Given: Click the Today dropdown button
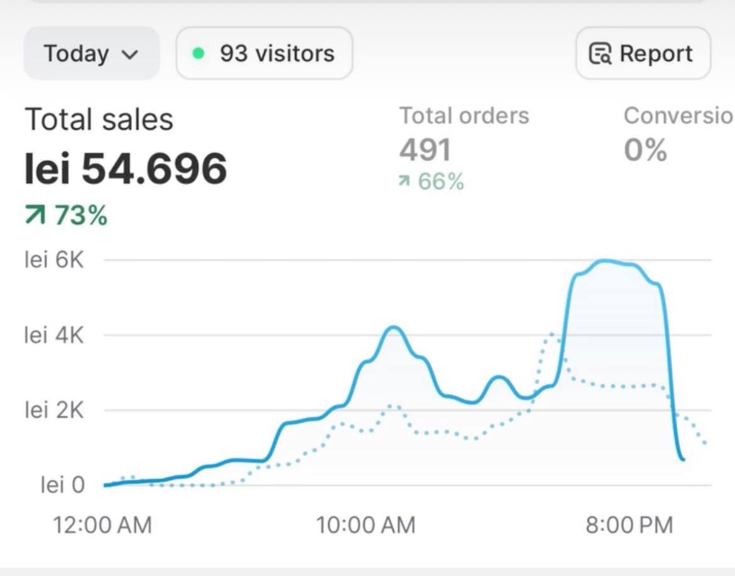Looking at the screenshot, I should tap(91, 53).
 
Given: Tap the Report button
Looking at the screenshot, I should tap(643, 53).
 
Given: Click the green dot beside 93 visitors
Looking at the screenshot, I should tap(199, 53).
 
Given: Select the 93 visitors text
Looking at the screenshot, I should tap(277, 53).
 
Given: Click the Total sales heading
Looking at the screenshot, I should tap(99, 119).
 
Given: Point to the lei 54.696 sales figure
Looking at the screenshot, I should tap(126, 169).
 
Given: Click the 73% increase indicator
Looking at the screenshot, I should tap(67, 216).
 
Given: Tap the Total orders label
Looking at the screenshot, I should tap(464, 115).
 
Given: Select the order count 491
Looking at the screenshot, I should tap(425, 150).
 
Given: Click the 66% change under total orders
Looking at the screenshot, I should tap(432, 183).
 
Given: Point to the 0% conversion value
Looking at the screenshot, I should tap(645, 151).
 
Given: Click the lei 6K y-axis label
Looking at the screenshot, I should tap(54, 260).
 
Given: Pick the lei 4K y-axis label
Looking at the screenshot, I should tap(54, 335).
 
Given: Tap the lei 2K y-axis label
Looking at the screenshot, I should tap(54, 410).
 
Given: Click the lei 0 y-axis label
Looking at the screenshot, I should tap(62, 485).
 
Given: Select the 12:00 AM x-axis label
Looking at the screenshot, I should tap(102, 525).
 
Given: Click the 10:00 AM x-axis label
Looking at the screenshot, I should tap(366, 525).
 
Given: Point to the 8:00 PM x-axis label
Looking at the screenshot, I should tap(629, 525).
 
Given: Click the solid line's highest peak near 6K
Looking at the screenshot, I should tap(604, 261).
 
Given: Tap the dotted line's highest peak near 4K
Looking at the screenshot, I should tap(552, 334).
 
